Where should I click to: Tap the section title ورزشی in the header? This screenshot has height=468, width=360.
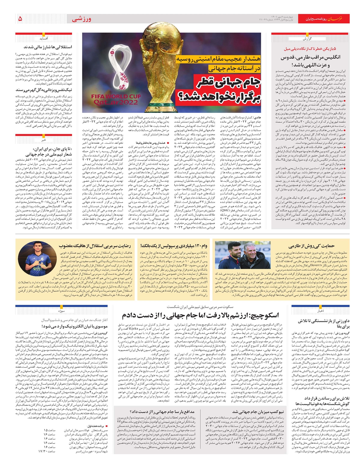click(82, 19)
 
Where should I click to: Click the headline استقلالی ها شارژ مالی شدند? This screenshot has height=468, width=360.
click(48, 47)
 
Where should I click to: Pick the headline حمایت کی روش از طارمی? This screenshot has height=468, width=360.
click(312, 246)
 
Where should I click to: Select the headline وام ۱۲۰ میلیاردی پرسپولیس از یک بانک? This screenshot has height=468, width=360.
click(174, 246)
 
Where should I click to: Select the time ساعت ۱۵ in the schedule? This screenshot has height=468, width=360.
click(50, 430)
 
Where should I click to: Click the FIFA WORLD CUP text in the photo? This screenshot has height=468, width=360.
click(116, 97)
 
